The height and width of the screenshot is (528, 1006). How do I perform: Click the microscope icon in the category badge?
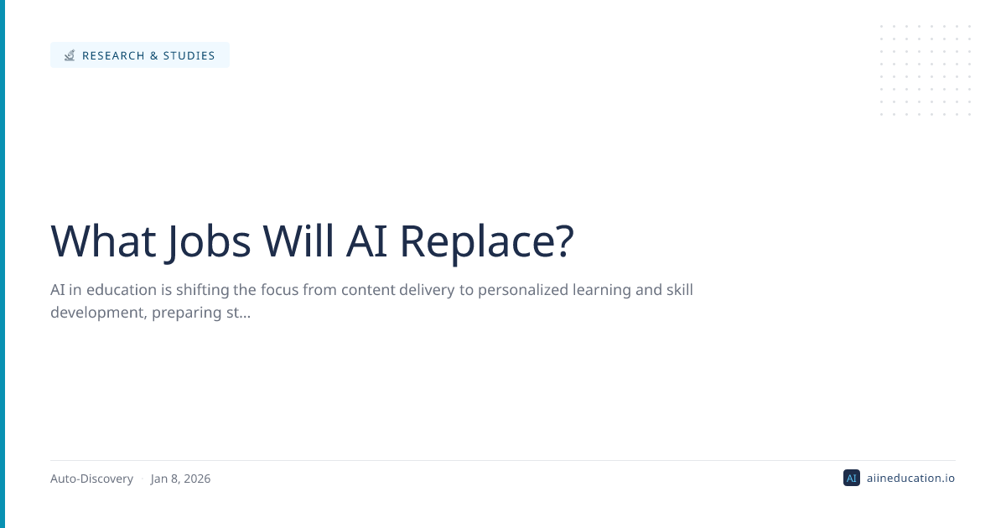(x=70, y=55)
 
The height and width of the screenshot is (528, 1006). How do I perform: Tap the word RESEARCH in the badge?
(x=114, y=55)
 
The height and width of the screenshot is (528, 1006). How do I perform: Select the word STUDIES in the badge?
(x=189, y=55)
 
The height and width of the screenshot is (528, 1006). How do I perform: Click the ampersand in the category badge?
(x=154, y=55)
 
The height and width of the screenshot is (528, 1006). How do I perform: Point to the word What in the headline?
(x=103, y=241)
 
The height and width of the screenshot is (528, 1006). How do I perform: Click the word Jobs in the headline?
(x=208, y=243)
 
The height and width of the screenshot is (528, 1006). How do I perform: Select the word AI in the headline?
(x=366, y=241)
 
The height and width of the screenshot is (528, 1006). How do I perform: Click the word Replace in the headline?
(x=476, y=243)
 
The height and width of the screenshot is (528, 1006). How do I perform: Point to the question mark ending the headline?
(x=565, y=241)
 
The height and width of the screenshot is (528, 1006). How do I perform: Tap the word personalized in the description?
(x=523, y=291)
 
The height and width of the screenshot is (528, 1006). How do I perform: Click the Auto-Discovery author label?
(x=91, y=479)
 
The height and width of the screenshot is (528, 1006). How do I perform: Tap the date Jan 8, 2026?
(x=180, y=479)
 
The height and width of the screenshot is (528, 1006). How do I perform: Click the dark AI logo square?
(x=852, y=478)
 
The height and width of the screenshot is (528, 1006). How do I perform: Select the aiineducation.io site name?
(x=910, y=479)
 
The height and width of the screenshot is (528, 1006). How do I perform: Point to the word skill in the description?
(x=680, y=290)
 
